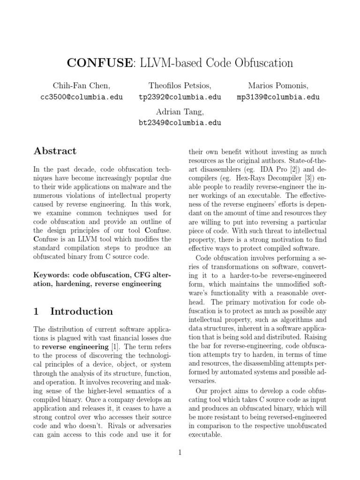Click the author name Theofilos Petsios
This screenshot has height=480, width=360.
tap(180, 85)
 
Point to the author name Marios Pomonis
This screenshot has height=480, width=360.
tap(278, 85)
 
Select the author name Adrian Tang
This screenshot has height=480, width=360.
tap(180, 111)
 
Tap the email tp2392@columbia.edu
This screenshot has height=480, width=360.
tap(180, 97)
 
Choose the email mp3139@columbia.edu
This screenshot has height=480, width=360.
tap(278, 97)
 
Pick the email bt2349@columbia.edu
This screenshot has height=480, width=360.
tap(180, 123)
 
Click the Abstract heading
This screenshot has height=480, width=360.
tap(55, 151)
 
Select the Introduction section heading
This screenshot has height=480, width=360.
tap(81, 311)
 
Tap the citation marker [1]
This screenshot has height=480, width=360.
tap(114, 347)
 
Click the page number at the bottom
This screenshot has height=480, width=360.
tap(180, 452)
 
